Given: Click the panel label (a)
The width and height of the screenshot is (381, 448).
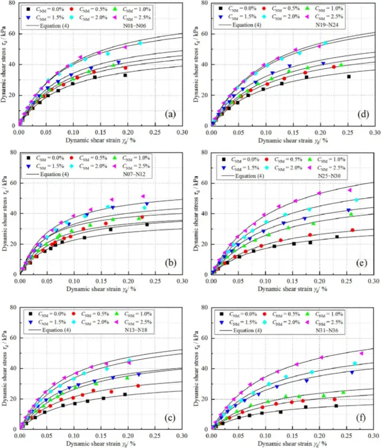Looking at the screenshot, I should [x=170, y=114].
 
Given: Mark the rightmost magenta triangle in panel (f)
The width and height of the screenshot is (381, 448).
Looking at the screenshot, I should [x=362, y=353].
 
